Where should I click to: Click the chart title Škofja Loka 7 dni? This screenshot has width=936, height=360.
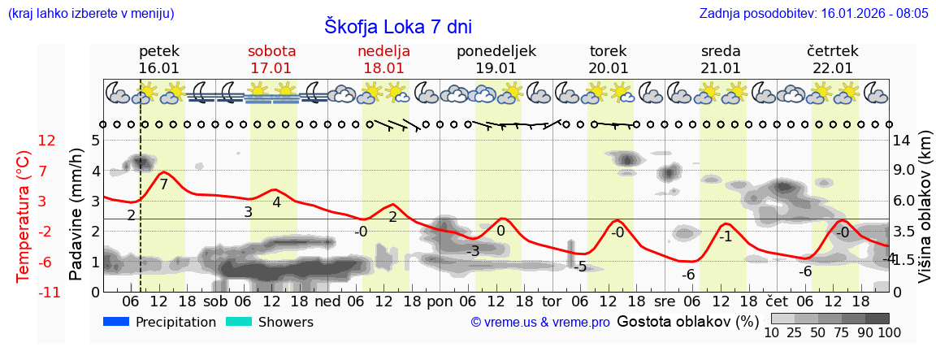(397, 26)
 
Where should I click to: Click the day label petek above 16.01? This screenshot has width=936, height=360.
(159, 51)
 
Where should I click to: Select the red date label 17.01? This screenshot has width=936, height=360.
(271, 68)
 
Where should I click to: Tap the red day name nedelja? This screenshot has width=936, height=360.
(383, 51)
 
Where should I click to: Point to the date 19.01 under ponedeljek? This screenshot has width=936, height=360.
(496, 68)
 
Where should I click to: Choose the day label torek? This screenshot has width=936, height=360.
(609, 51)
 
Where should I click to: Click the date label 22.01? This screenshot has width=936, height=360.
(833, 68)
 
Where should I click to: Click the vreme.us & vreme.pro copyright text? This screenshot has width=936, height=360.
(540, 323)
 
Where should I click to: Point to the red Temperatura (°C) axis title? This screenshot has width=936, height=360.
(24, 216)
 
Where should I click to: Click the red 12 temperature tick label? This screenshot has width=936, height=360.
(47, 141)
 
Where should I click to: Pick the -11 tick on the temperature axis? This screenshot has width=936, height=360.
(49, 293)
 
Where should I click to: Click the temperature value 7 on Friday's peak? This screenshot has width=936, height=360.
(163, 184)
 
